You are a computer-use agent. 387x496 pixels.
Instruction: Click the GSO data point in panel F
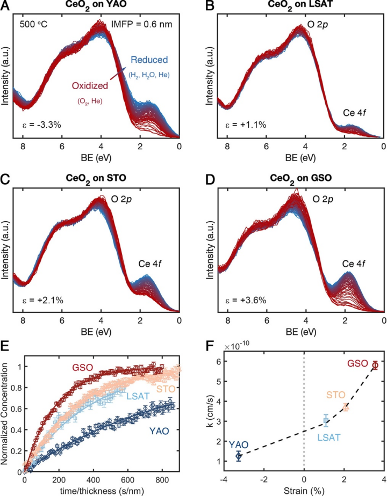coord(375,366)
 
